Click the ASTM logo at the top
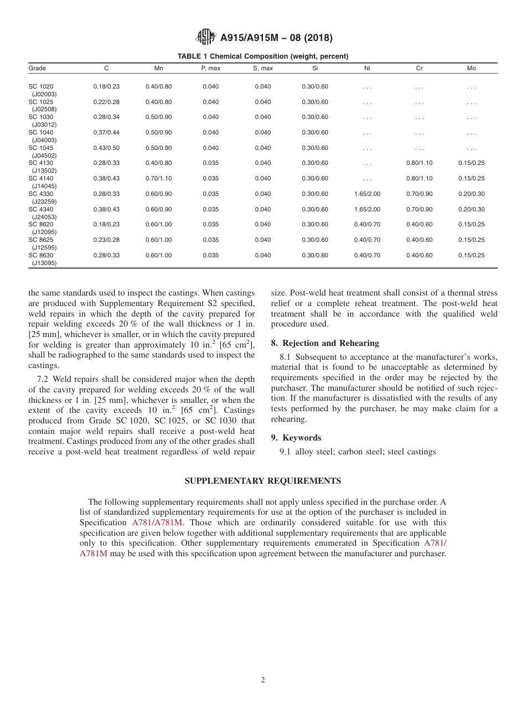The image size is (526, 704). (205, 37)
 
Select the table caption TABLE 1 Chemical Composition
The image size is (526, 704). (262, 56)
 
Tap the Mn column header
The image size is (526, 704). (158, 69)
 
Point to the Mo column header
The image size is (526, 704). (471, 69)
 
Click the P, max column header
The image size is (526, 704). (210, 69)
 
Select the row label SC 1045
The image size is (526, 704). (41, 148)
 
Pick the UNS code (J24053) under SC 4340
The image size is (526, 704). (44, 217)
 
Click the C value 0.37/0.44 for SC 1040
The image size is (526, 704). (106, 133)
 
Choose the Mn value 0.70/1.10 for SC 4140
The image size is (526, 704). (158, 179)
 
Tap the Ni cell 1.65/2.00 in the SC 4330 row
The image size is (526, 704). (367, 194)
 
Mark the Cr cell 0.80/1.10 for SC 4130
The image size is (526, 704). (419, 163)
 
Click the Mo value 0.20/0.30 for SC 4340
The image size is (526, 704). (471, 210)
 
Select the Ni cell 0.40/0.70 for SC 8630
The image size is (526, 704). (367, 256)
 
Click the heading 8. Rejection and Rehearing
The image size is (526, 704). (325, 343)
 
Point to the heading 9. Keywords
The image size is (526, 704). (296, 438)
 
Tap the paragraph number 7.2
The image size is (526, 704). (43, 379)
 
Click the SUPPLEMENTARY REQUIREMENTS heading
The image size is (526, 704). (262, 481)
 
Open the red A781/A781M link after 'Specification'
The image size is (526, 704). (157, 522)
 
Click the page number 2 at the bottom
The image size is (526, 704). (263, 680)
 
